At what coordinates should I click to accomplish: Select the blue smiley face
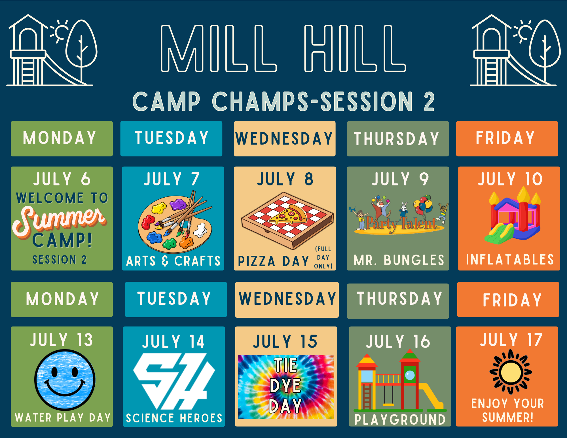[65, 380]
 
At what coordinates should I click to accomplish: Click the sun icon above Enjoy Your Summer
[511, 372]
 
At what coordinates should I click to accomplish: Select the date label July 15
[285, 341]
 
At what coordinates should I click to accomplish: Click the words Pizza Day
[274, 261]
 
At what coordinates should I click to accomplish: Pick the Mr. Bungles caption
[399, 260]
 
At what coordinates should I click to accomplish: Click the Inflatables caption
[510, 259]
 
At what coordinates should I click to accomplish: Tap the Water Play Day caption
[63, 418]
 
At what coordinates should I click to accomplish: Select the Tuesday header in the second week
[174, 298]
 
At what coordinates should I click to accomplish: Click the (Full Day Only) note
[323, 257]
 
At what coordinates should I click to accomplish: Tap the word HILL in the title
[355, 48]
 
